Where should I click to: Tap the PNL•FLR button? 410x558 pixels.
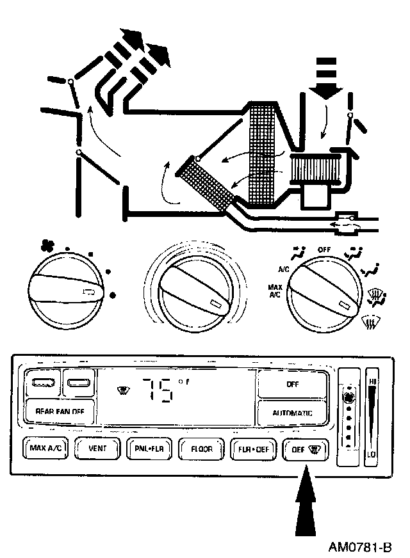coord(149,449)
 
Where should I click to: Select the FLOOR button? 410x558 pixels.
coord(201,449)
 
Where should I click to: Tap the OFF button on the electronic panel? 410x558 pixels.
coord(292,385)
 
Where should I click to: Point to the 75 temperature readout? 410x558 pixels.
coord(157,390)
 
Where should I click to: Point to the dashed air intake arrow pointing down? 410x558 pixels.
coord(327,76)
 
